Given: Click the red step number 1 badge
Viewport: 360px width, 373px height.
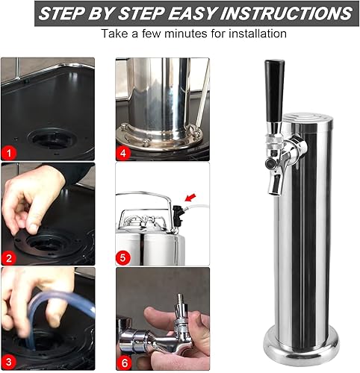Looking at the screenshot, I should click(x=9, y=152).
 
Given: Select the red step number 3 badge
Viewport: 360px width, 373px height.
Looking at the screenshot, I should click(x=9, y=361).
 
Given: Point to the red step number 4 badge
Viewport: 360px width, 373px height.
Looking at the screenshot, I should click(x=125, y=153).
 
